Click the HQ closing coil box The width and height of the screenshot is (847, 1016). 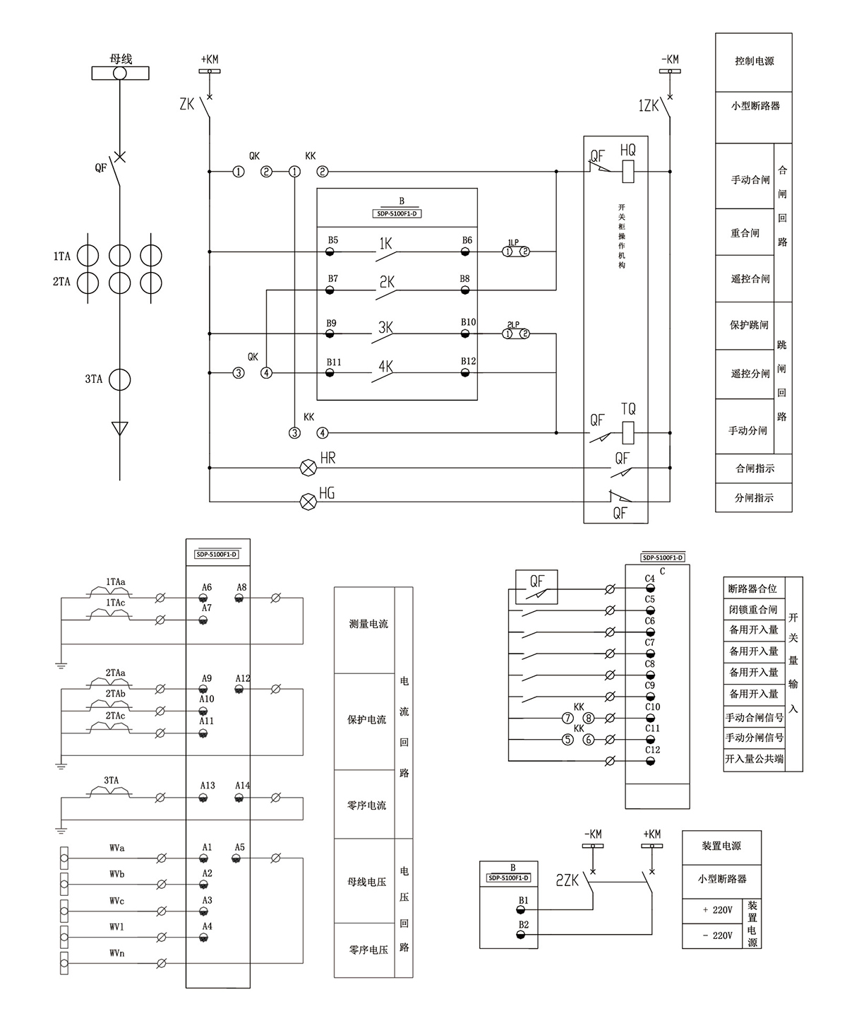628,172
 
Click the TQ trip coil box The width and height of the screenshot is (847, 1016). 628,432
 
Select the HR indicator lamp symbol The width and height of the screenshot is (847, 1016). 308,467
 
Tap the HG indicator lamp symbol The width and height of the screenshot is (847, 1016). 308,502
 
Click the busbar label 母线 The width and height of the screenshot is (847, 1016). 121,59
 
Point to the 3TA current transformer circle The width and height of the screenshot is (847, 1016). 120,379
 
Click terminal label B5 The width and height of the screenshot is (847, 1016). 332,240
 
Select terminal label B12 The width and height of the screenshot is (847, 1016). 469,361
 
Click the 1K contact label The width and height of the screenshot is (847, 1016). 385,244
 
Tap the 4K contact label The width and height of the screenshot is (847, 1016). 385,367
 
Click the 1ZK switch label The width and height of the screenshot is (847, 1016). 648,106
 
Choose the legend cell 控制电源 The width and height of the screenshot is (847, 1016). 754,61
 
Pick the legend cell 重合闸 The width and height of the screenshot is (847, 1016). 745,232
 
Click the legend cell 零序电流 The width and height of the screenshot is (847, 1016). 366,805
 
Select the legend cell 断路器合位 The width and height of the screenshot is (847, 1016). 752,588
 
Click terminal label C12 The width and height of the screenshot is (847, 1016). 652,750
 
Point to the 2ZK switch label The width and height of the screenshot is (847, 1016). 567,880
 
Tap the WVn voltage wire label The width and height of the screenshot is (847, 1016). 117,953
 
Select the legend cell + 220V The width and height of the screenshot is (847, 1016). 717,910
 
